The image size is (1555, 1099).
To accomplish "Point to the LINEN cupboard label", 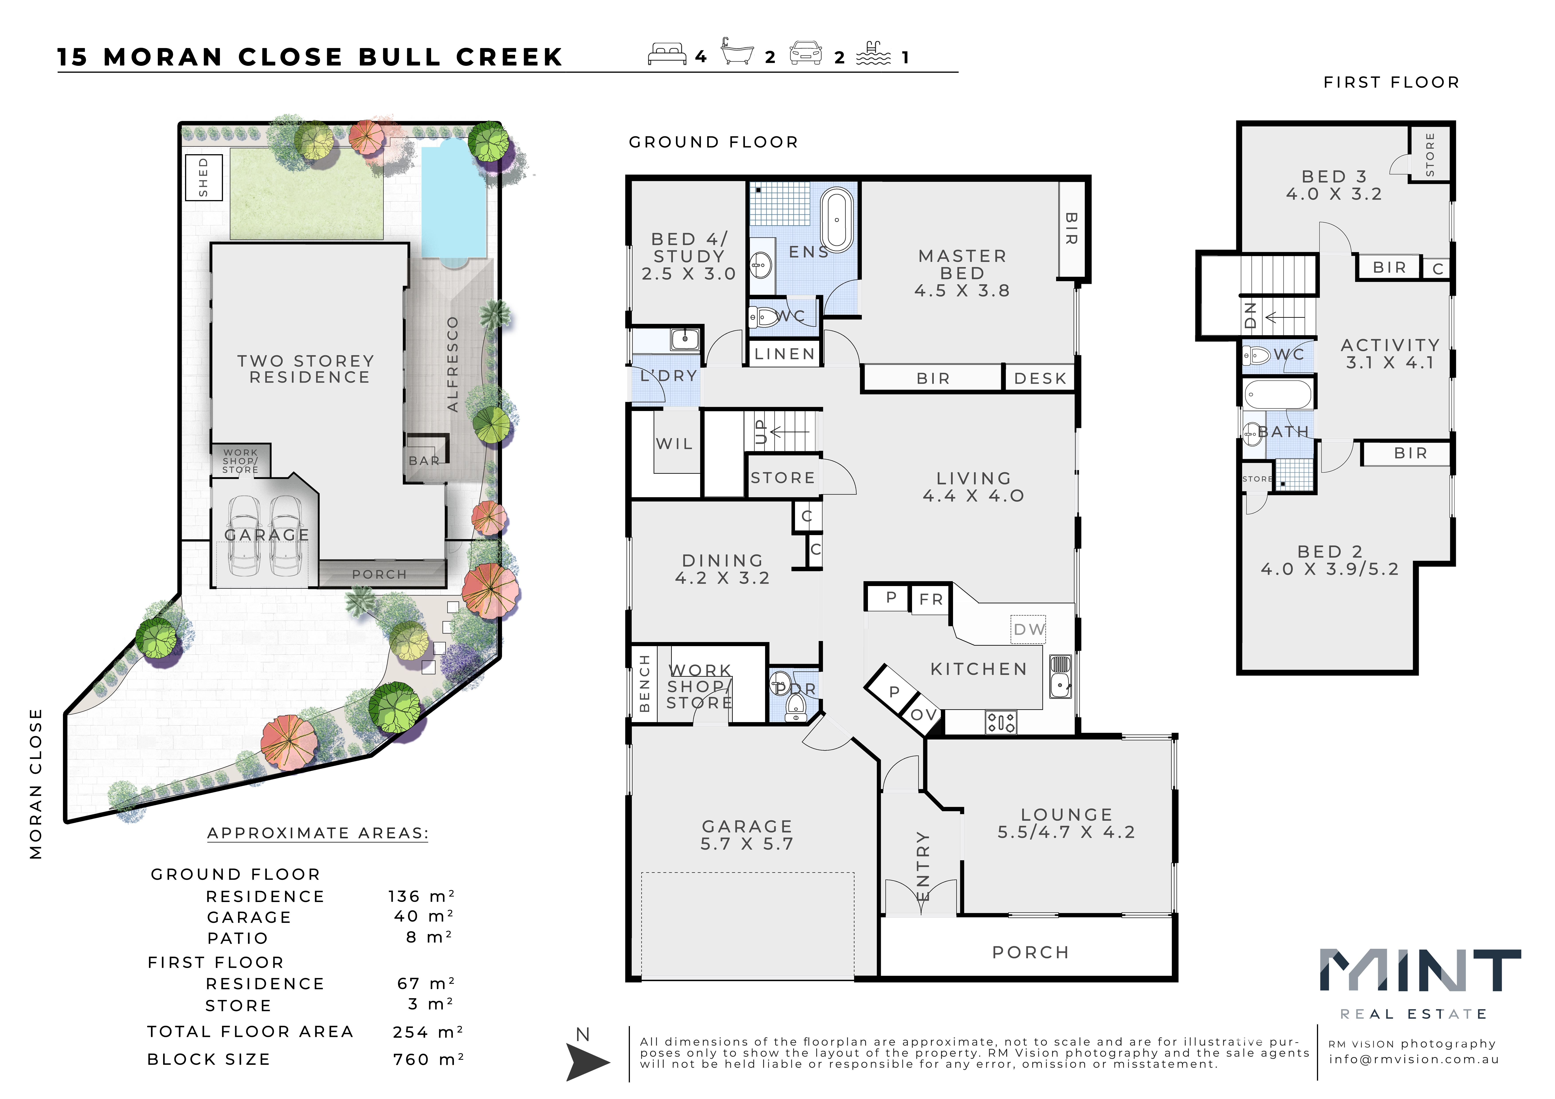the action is (784, 353).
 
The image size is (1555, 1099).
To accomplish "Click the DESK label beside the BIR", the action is (1040, 378).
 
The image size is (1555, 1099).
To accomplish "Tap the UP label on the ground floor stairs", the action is (760, 431).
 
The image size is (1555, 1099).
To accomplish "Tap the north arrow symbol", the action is (586, 1061).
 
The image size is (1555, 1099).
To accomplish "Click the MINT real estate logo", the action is (1420, 983).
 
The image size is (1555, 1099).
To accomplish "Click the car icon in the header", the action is (806, 53).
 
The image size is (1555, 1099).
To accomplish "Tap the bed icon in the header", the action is (667, 54).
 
